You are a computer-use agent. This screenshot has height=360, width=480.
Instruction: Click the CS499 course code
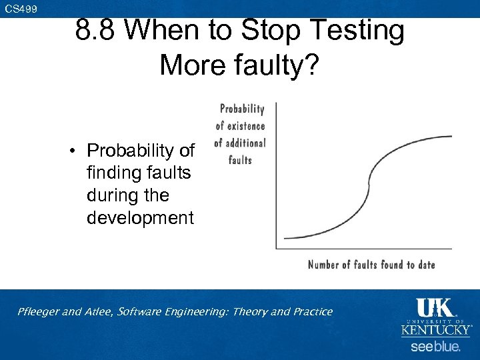(x=21, y=9)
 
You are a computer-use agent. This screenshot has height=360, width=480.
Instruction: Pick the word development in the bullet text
(x=140, y=218)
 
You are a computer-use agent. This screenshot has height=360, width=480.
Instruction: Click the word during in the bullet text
(x=111, y=195)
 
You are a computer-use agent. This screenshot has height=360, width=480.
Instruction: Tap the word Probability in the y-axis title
(x=242, y=109)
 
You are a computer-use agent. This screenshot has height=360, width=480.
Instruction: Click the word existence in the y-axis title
(x=246, y=125)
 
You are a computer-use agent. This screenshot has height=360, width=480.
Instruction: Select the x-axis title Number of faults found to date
(x=371, y=265)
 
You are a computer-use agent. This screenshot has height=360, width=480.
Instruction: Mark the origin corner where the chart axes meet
(x=277, y=249)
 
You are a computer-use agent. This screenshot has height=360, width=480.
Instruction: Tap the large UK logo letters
(x=435, y=307)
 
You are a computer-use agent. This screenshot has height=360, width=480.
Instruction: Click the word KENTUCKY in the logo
(x=435, y=330)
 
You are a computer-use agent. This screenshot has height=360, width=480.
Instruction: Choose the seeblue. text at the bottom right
(x=435, y=347)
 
